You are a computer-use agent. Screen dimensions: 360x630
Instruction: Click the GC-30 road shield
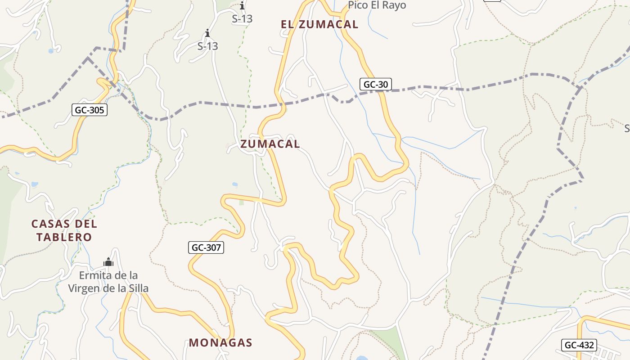[376, 84]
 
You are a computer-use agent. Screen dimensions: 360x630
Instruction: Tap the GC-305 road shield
[90, 110]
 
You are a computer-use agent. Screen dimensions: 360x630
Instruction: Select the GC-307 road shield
[206, 247]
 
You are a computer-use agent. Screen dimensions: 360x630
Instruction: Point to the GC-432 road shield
[580, 346]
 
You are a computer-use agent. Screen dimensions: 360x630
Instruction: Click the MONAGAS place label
[220, 343]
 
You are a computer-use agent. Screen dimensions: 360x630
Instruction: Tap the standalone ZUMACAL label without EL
[270, 144]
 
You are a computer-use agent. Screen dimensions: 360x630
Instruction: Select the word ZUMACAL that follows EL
[328, 25]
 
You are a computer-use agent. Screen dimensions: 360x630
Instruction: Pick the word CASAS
[51, 224]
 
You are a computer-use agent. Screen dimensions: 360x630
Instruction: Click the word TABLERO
[64, 237]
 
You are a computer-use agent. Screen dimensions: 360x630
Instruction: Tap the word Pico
[359, 5]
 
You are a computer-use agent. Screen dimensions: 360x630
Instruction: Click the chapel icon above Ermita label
[108, 262]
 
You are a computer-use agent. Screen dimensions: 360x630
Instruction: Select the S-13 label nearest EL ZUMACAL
[242, 19]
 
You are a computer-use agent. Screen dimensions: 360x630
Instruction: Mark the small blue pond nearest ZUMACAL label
[234, 184]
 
